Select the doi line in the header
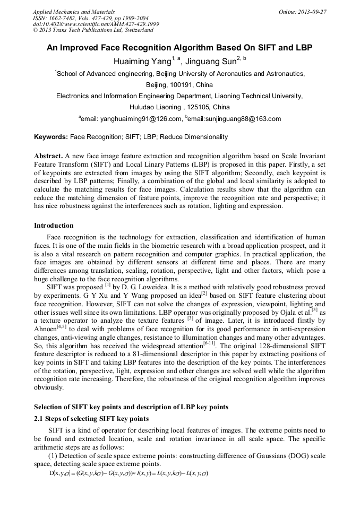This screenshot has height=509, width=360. click(x=96, y=24)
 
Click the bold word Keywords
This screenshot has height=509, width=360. click(x=51, y=137)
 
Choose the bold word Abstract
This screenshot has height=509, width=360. click(x=48, y=157)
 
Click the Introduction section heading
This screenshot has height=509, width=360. click(x=54, y=226)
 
